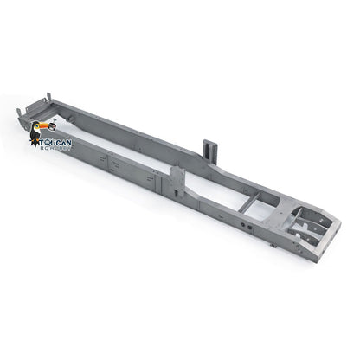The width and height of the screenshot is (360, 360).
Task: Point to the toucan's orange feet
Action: click(37, 146)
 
